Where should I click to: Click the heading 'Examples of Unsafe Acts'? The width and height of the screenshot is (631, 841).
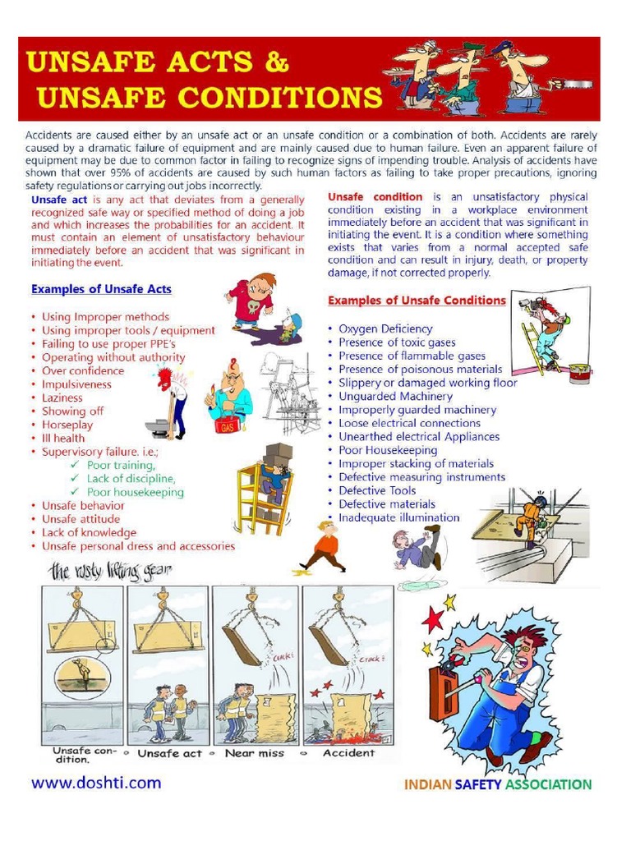101,290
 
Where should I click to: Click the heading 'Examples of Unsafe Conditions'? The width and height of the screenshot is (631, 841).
417,301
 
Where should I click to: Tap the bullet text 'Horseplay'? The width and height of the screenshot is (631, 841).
67,425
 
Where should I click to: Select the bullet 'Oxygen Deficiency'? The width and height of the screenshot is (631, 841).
385,329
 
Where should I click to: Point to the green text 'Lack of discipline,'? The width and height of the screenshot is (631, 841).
131,479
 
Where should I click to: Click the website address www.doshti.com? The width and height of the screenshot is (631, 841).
96,783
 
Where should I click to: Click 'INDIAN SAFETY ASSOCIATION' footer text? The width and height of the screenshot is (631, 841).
497,784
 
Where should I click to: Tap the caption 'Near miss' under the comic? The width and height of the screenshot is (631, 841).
256,753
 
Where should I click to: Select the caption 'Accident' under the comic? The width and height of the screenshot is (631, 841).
349,753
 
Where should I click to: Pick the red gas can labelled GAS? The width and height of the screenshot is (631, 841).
226,425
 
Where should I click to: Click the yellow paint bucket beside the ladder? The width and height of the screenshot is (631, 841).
579,374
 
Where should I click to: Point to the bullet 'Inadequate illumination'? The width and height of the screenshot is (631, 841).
398,517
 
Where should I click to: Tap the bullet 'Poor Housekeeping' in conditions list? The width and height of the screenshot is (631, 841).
388,450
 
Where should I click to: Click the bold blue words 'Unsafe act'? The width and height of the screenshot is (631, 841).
58,200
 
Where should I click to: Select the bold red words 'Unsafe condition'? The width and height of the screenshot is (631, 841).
375,197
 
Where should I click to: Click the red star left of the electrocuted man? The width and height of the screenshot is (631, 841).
432,618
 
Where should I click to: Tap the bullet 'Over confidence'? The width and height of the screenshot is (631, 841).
83,370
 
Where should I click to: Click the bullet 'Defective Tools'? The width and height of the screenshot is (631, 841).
377,490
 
